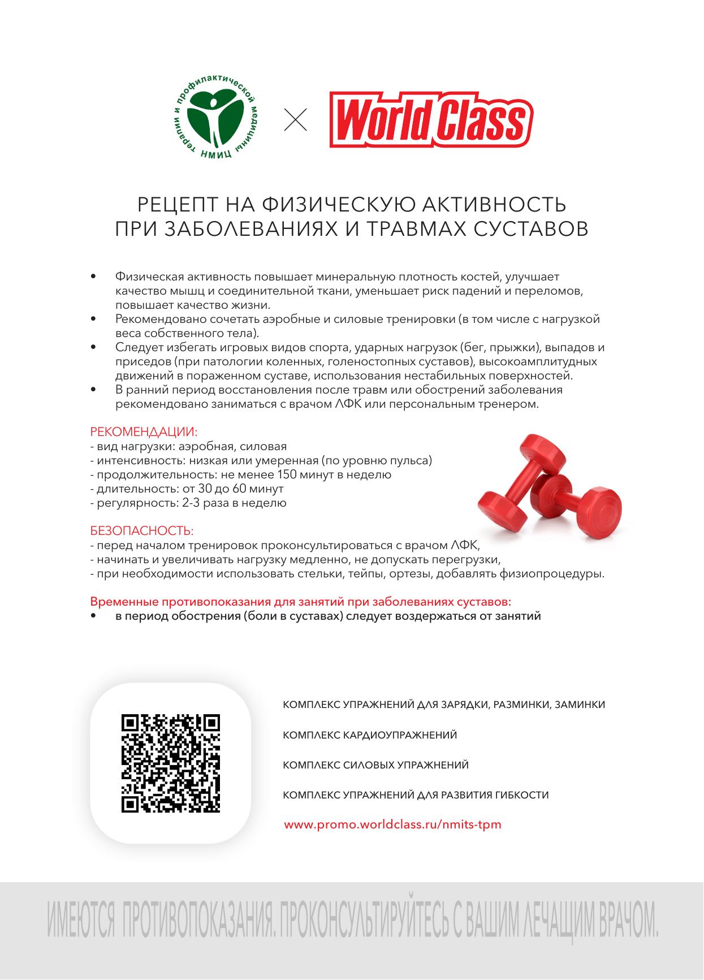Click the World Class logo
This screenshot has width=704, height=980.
point(431,120)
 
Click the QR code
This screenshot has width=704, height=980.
point(170,763)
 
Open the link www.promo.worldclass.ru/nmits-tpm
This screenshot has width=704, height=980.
point(392,824)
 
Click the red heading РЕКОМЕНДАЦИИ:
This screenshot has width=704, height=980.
point(144,432)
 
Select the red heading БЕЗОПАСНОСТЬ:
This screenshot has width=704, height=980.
point(142,531)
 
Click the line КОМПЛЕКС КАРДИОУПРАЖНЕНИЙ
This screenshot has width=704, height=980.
point(369,735)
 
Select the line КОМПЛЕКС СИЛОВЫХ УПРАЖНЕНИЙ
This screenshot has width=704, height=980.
point(375,765)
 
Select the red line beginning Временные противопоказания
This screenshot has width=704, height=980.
point(301,601)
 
